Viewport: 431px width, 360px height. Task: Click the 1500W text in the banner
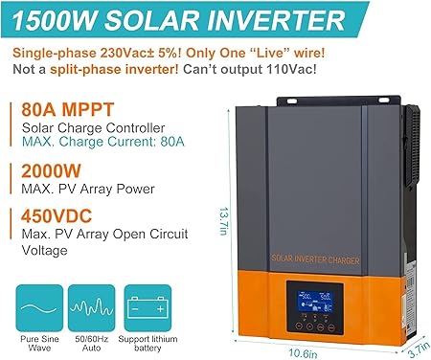tap(54, 20)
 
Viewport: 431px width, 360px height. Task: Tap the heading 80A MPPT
tap(68, 109)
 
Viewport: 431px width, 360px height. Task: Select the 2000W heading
tap(51, 170)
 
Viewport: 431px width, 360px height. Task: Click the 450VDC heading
tap(57, 216)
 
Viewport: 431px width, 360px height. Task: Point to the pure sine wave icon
tap(39, 308)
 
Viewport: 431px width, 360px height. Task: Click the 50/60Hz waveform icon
tap(92, 308)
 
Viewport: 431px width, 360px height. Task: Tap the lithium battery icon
tap(147, 308)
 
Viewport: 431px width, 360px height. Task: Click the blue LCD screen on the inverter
tap(315, 303)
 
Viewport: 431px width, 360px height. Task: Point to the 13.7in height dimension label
tap(223, 221)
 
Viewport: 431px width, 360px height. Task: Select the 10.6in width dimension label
tap(303, 353)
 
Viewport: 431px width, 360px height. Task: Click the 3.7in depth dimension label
tap(420, 350)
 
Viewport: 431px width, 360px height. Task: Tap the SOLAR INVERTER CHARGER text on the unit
tap(315, 259)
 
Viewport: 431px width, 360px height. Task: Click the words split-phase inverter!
tap(114, 69)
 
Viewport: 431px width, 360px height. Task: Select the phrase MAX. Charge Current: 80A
tap(103, 142)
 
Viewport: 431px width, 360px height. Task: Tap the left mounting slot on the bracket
tap(291, 101)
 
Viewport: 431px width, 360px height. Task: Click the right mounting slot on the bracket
tap(384, 101)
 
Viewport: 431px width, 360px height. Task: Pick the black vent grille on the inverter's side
tap(414, 146)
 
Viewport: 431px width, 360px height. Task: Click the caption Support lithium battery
tap(147, 344)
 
